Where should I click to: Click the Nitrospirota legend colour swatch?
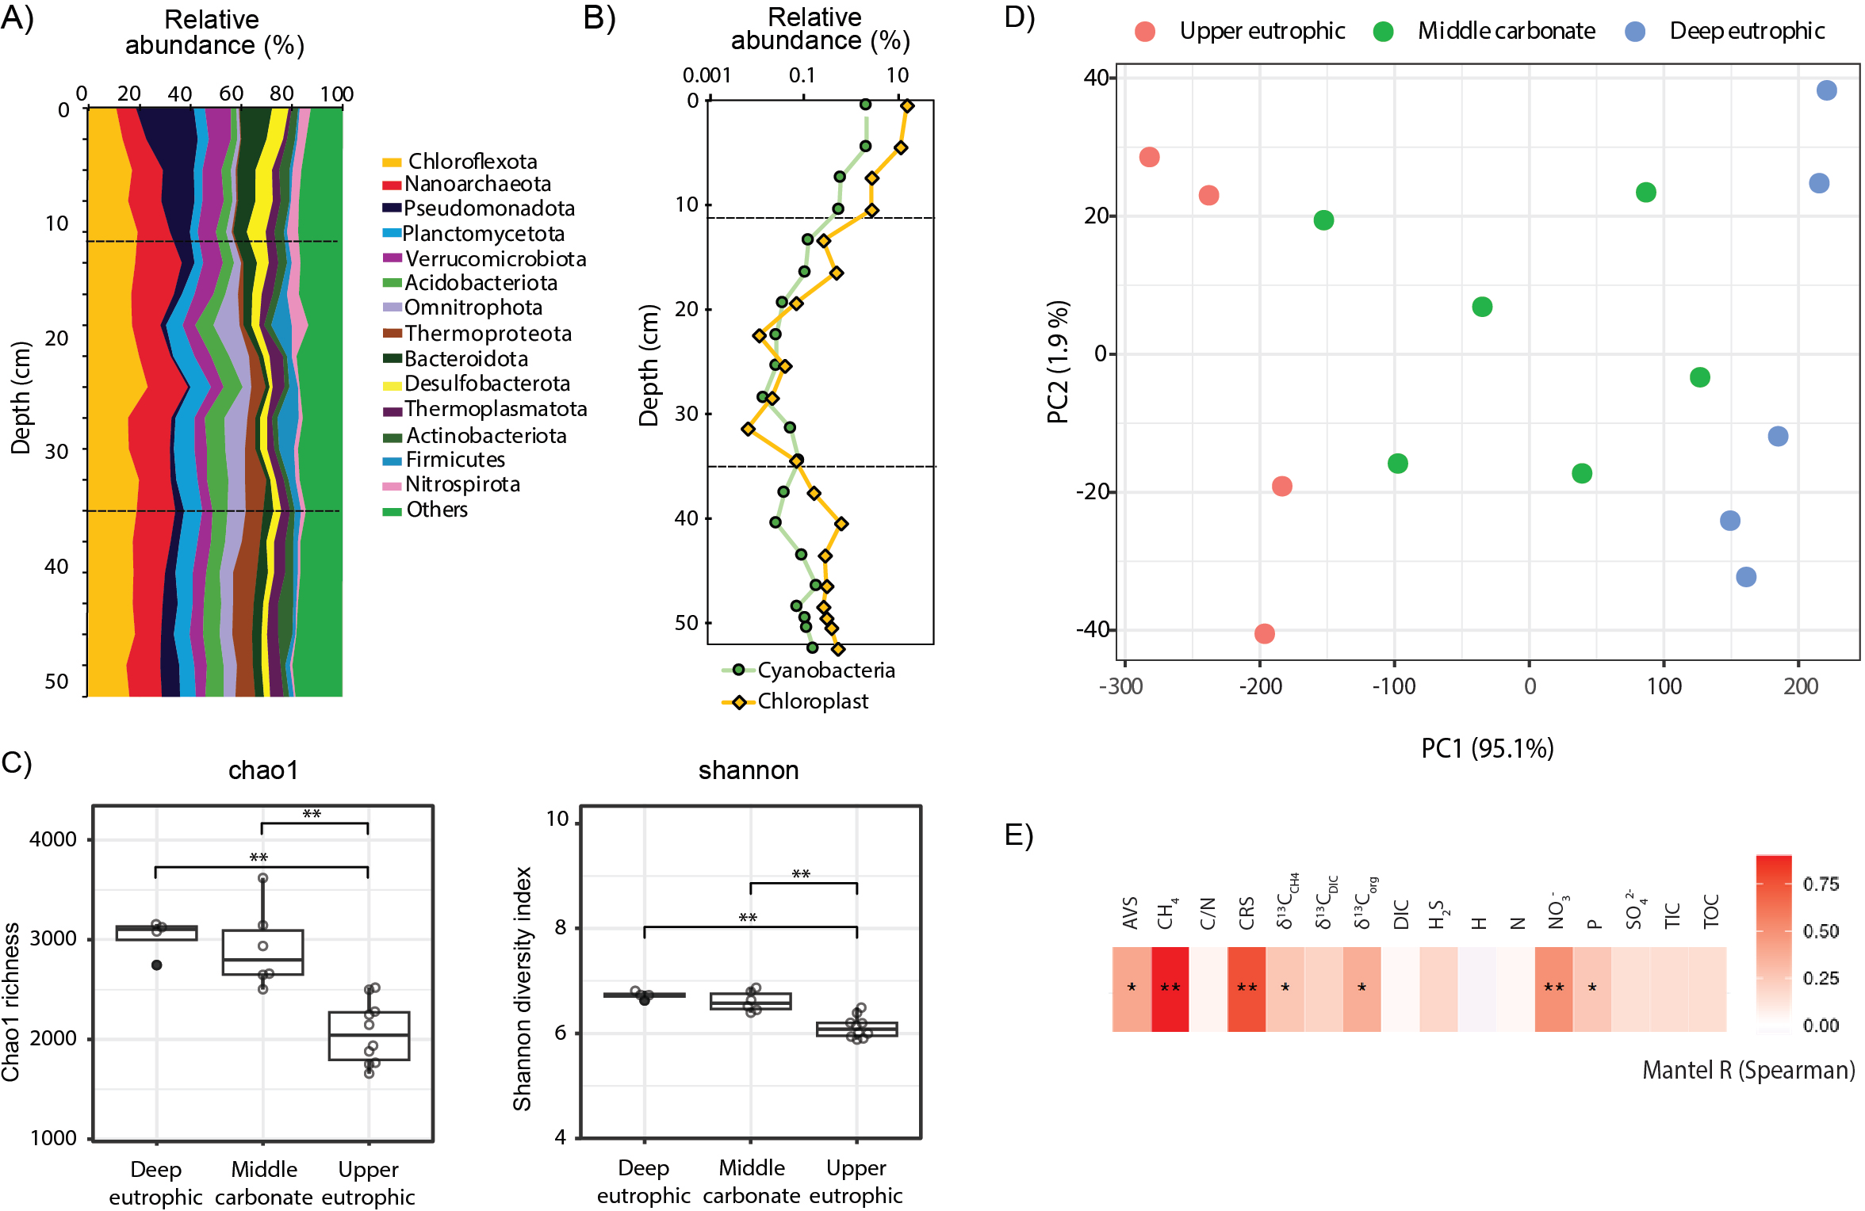click(x=392, y=486)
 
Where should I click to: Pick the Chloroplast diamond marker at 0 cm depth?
click(x=907, y=106)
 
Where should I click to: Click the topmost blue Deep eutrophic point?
click(x=1826, y=90)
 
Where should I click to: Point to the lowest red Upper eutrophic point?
click(x=1265, y=633)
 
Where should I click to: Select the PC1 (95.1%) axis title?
click(x=1487, y=748)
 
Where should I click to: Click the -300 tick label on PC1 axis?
click(x=1120, y=686)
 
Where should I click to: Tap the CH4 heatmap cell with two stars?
click(x=1170, y=988)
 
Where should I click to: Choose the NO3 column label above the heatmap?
click(x=1556, y=912)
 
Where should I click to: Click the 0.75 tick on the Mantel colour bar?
click(x=1821, y=884)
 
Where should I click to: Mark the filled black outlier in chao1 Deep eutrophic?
click(x=157, y=965)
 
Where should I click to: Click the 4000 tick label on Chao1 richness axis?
click(x=53, y=839)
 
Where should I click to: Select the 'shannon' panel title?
click(x=748, y=770)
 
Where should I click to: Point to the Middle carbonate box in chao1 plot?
click(x=262, y=952)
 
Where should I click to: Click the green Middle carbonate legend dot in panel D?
click(x=1384, y=32)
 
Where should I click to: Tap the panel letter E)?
click(x=1019, y=835)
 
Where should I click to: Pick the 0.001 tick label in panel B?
click(x=707, y=75)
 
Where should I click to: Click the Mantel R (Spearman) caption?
click(x=1748, y=1071)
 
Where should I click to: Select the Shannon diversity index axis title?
click(x=522, y=988)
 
